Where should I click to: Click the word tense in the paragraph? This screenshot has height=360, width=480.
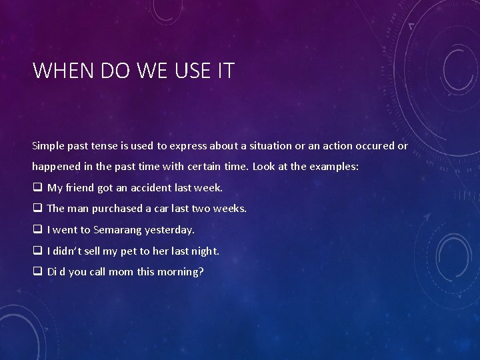point(107,145)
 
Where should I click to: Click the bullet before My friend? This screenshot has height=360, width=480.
point(37,188)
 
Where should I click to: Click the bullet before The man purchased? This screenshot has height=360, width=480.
point(37,209)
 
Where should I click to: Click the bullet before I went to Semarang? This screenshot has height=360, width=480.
point(37,230)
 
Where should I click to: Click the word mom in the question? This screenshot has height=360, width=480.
point(121,272)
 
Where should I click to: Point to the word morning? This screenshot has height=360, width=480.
point(181,272)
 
